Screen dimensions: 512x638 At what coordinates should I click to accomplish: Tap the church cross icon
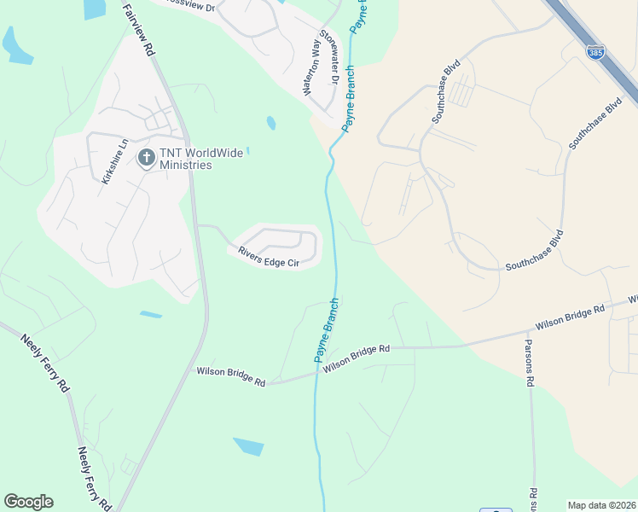(x=147, y=157)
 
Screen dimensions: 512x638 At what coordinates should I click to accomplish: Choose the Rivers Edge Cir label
(x=269, y=256)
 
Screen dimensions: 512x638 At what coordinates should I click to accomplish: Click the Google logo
(x=28, y=502)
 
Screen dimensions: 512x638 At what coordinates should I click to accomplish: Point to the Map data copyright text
(x=601, y=505)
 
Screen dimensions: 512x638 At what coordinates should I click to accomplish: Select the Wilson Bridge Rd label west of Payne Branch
(x=231, y=376)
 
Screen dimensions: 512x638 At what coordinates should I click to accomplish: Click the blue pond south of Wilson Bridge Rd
(x=248, y=446)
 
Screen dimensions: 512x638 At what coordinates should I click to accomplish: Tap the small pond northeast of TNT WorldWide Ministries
(x=271, y=123)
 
